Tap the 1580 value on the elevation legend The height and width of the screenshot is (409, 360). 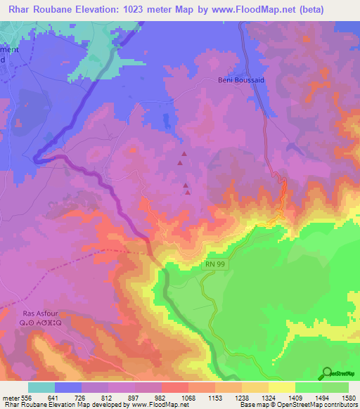[349, 396]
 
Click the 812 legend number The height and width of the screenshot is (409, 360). [110, 396]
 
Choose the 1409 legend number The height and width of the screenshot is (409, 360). [296, 396]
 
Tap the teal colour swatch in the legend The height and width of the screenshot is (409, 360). [41, 387]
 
